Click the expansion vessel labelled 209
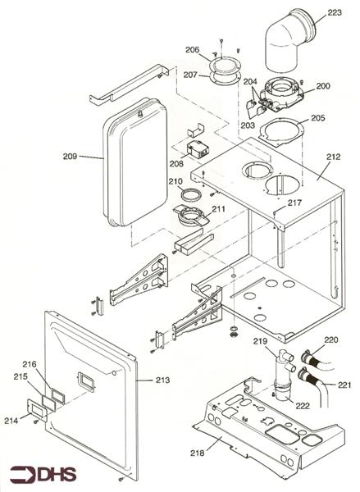[x=135, y=160]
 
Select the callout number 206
[x=192, y=49]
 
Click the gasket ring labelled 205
[x=283, y=129]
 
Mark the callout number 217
[x=294, y=203]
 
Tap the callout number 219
[x=260, y=341]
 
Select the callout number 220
[x=330, y=339]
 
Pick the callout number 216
[x=30, y=364]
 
